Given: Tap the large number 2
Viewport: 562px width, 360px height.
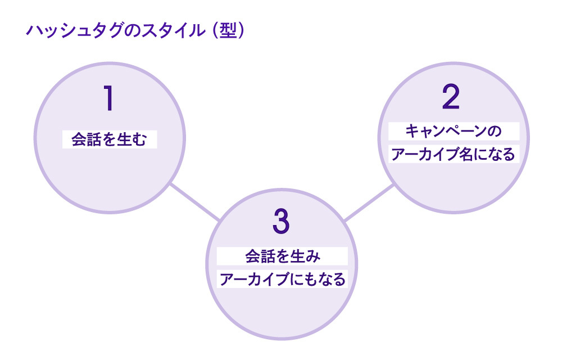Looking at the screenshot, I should (451, 98).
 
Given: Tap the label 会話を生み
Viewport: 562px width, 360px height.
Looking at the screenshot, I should (282, 257).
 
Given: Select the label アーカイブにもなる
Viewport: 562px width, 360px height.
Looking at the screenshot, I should (282, 279).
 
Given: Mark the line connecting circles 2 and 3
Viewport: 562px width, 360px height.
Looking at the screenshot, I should (368, 202).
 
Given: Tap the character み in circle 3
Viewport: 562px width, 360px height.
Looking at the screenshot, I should (313, 257).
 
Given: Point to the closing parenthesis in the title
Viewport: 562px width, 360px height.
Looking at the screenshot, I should (241, 31).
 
